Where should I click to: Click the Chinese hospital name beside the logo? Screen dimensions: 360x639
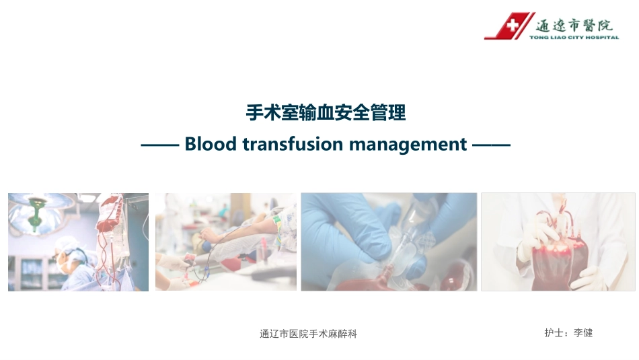574,25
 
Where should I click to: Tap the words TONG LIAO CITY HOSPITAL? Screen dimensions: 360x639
574,38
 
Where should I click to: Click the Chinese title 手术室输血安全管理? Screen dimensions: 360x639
326,113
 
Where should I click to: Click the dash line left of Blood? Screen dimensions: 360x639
159,145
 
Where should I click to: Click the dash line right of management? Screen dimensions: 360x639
492,145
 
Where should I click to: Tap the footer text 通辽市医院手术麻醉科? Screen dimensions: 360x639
308,334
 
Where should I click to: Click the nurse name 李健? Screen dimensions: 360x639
583,332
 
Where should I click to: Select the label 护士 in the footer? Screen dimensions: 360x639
554,332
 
